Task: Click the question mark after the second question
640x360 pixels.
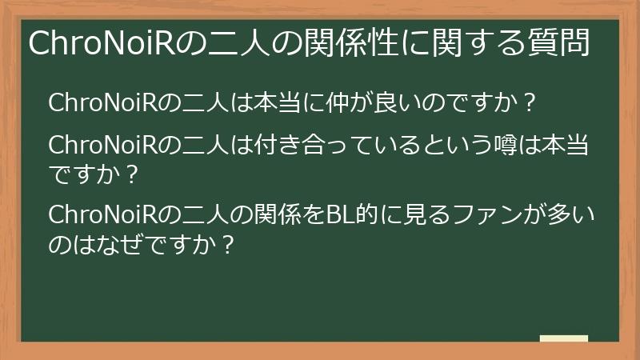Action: pos(132,173)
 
